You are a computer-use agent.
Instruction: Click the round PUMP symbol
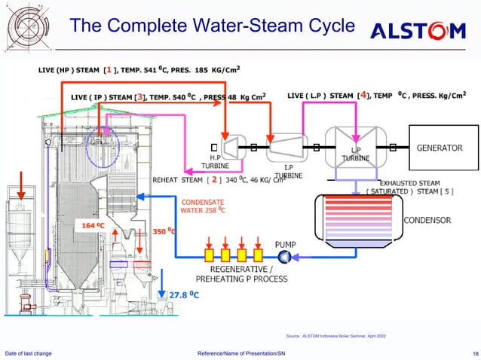(285, 257)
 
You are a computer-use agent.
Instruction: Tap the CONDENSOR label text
(428, 220)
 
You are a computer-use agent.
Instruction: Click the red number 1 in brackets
(110, 70)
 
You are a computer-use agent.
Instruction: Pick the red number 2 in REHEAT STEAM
(214, 180)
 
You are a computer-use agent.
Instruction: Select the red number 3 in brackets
(139, 96)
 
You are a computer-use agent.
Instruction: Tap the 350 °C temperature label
(164, 231)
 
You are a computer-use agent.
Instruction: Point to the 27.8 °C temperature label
(183, 294)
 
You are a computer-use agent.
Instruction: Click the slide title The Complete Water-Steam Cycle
(211, 26)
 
